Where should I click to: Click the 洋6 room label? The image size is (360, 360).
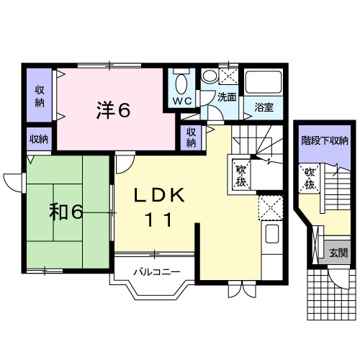tap(113, 110)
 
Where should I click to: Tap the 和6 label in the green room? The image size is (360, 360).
tap(67, 212)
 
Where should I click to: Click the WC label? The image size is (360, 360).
tap(181, 100)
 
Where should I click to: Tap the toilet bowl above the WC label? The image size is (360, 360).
tap(181, 81)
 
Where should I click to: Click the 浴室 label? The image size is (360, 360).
tap(264, 107)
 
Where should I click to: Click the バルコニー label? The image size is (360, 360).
tap(156, 272)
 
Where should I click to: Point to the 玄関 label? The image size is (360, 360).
tap(338, 253)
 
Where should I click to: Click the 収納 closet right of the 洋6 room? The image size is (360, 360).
tap(191, 137)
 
